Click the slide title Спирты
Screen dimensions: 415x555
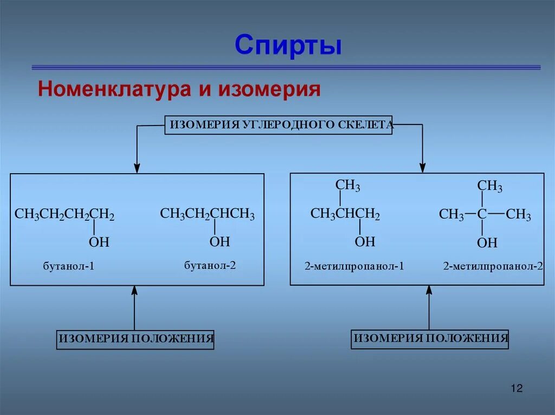(288, 45)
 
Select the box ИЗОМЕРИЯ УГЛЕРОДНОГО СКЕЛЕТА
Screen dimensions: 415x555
(278, 125)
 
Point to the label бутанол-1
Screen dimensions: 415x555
(69, 266)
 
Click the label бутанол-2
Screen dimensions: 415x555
(210, 266)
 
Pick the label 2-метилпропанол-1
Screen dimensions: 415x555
(354, 266)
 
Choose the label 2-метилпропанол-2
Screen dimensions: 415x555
(493, 266)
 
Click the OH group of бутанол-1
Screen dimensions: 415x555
(99, 242)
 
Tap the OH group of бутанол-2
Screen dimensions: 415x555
(220, 241)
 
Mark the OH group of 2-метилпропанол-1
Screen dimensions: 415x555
(365, 241)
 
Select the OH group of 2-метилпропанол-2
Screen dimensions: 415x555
(487, 243)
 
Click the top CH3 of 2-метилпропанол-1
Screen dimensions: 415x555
(347, 186)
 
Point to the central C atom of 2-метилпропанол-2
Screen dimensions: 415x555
(482, 214)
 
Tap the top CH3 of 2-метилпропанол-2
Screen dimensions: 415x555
(489, 187)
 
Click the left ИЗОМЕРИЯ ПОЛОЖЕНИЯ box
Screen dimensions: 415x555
(135, 339)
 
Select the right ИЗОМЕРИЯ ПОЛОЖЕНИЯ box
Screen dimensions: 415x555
(430, 339)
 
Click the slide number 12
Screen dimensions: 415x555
(516, 388)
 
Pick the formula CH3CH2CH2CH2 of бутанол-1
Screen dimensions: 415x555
(64, 215)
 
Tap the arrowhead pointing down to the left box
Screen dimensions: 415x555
(137, 168)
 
